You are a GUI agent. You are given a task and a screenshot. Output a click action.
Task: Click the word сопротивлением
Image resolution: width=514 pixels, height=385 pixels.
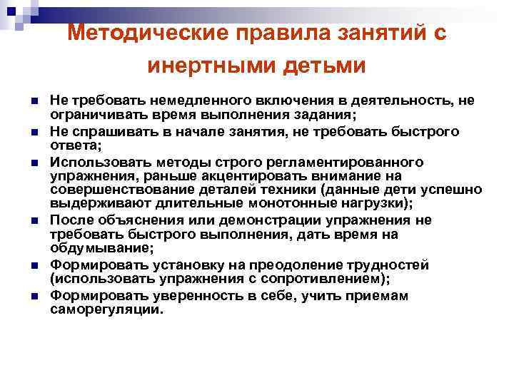[x=318, y=277]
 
